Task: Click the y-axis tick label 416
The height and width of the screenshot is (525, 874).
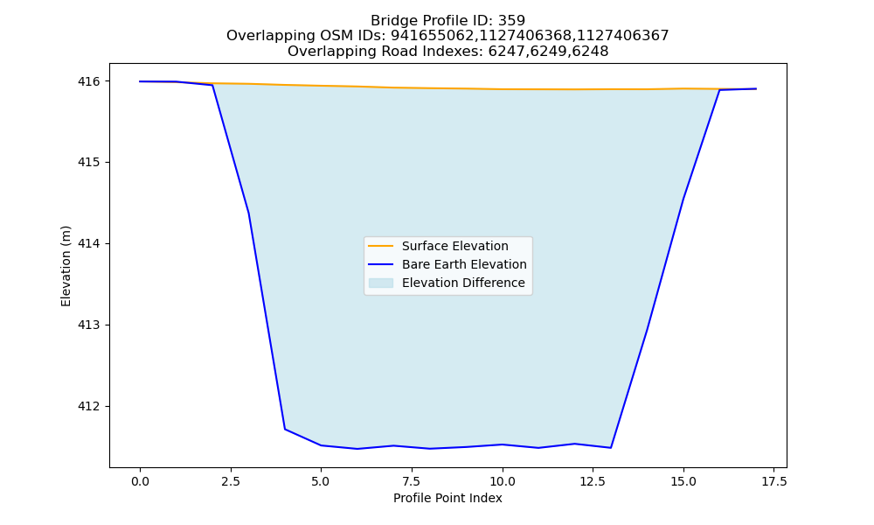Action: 89,81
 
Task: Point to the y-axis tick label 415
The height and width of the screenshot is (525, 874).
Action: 89,163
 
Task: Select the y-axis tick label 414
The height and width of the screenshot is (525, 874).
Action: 89,244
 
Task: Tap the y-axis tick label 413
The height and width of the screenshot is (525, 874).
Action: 89,325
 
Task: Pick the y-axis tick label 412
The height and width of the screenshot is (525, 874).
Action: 89,406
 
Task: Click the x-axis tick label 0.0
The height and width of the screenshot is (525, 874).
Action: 140,481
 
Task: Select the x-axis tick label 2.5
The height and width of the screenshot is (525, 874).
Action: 231,481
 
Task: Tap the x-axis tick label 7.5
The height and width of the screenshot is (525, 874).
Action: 412,481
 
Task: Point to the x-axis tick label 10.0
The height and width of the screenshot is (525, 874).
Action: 503,481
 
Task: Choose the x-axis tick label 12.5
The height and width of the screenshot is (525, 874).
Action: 593,481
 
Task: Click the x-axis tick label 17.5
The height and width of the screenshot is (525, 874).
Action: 774,481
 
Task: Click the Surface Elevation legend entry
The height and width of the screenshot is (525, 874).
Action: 438,246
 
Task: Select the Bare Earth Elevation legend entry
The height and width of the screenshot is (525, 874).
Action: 447,264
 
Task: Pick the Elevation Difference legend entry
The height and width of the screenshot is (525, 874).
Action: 447,283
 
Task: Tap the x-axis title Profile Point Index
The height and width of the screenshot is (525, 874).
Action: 447,498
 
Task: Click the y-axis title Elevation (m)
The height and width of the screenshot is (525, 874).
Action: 66,266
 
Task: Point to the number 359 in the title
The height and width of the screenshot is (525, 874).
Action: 511,21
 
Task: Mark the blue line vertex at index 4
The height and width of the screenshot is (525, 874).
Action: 285,429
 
